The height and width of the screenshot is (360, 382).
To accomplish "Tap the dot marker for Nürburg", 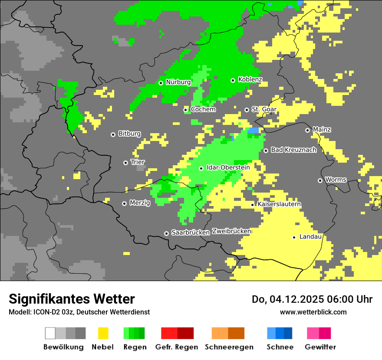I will pos(161,83).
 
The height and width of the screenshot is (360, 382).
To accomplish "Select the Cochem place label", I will pos(203,109).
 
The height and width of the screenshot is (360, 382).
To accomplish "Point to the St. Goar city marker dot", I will pos(247,110).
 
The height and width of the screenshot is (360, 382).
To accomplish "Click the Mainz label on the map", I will pos(322,130).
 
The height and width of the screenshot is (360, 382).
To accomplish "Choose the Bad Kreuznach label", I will pos(293,150).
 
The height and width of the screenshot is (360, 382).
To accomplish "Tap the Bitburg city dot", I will pos(113,134).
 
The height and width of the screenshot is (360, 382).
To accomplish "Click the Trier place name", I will pos(138,162).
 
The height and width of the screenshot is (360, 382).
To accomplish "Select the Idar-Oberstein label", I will pos(228,167).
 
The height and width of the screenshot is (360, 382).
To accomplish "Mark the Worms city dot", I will pos(320,180).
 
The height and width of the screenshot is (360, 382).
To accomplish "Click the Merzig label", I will pos(140,203).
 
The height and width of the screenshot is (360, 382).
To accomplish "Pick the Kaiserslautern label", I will pos(279,204).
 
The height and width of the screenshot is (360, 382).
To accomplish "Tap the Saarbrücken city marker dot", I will pos(166,233).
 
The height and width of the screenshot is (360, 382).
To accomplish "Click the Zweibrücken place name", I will pos(231,232).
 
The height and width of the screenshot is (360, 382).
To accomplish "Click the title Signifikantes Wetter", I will pos(72,299).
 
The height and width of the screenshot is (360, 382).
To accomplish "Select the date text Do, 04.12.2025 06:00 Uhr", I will pos(312,299).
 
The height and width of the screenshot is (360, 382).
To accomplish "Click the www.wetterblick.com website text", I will pos(313,312).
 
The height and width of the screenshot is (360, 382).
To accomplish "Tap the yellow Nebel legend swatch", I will pos(103,333).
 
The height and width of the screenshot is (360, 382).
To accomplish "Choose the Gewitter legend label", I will pos(320,347).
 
